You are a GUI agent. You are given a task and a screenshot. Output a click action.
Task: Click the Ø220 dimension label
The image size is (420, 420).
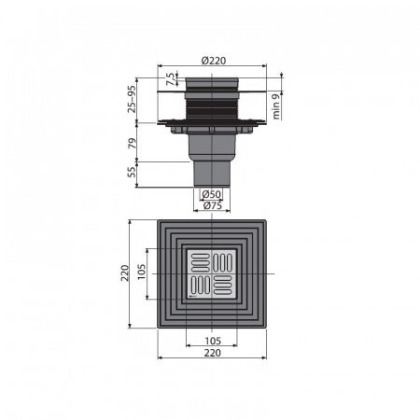click(214, 61)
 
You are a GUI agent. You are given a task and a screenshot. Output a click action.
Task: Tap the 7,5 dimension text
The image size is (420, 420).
click(171, 79)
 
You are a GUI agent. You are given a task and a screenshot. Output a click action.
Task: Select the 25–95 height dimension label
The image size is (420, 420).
click(133, 99)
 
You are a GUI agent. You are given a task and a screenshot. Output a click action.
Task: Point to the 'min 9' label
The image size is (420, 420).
click(276, 106)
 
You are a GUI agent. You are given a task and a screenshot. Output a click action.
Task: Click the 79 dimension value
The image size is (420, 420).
click(133, 143)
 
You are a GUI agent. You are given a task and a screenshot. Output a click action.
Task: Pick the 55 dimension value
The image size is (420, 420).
click(133, 172)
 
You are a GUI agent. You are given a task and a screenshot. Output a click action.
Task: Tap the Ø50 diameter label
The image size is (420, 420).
click(212, 194)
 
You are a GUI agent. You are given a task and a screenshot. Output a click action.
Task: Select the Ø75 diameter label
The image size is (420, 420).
click(213, 205)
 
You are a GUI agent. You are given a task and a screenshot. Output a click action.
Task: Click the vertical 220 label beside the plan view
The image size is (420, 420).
click(125, 273)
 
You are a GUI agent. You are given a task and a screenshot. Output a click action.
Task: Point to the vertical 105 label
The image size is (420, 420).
click(142, 272)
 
